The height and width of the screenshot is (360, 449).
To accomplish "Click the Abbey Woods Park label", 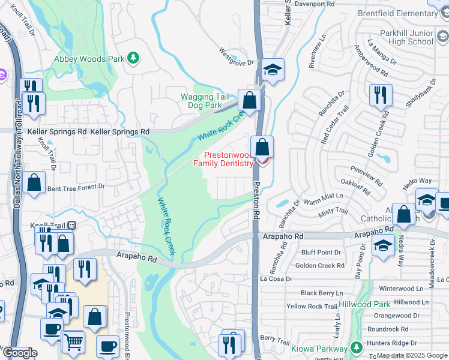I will point(89,59).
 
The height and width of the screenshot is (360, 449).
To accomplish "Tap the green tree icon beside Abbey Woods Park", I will point(133,58).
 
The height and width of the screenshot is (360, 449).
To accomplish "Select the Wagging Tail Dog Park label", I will point(205,101).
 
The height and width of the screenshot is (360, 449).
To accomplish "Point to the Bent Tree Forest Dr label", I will point(76,187).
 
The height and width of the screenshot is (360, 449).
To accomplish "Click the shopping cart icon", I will point(73,341).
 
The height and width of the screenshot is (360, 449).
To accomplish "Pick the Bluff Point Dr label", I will point(321,253).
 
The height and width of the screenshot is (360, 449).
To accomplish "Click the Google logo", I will point(19,353).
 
